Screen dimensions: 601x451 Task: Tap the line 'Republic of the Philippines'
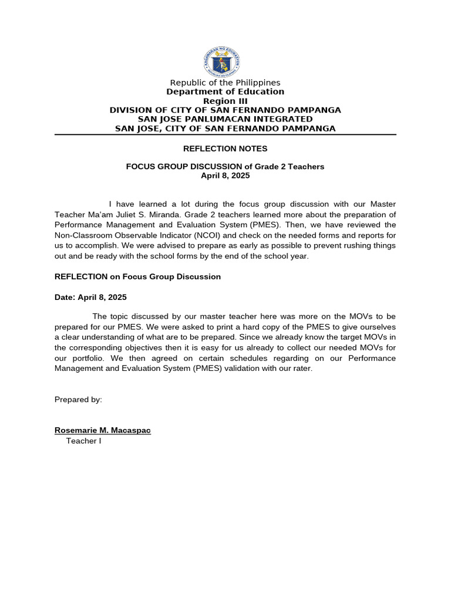[225, 83]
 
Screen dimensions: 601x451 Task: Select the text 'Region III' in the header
[225, 101]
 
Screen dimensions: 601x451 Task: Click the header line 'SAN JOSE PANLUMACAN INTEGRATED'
[225, 119]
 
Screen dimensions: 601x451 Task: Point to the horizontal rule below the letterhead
[225, 135]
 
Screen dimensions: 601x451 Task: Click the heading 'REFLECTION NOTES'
[225, 149]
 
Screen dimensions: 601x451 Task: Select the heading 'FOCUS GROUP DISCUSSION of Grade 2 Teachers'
[225, 167]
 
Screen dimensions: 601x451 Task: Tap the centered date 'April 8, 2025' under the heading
[225, 175]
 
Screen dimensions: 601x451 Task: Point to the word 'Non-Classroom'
[81, 235]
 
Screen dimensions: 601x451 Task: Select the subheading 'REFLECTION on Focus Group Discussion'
[137, 276]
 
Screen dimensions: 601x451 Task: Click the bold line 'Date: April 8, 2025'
[90, 298]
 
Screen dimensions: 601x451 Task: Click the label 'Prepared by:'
[78, 400]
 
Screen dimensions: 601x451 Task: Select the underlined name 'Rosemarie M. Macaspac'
[102, 430]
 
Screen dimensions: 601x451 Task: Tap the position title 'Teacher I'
[83, 441]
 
